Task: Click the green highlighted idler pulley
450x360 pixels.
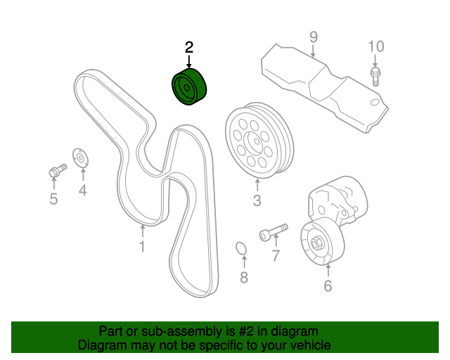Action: [x=190, y=89]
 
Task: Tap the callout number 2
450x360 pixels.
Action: [x=188, y=48]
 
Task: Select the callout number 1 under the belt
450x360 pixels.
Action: [x=142, y=246]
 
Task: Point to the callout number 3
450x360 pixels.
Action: [x=257, y=201]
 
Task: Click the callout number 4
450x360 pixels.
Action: [x=82, y=190]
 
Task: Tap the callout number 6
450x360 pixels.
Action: [x=328, y=285]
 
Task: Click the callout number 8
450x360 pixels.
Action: [x=244, y=277]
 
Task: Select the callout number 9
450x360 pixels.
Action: [x=314, y=36]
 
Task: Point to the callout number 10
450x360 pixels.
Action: [x=376, y=47]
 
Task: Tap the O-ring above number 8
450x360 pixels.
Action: [x=240, y=250]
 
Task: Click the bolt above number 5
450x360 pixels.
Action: [x=56, y=169]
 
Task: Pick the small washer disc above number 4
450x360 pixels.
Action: [x=79, y=158]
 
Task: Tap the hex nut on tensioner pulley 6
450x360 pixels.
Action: [x=317, y=244]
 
